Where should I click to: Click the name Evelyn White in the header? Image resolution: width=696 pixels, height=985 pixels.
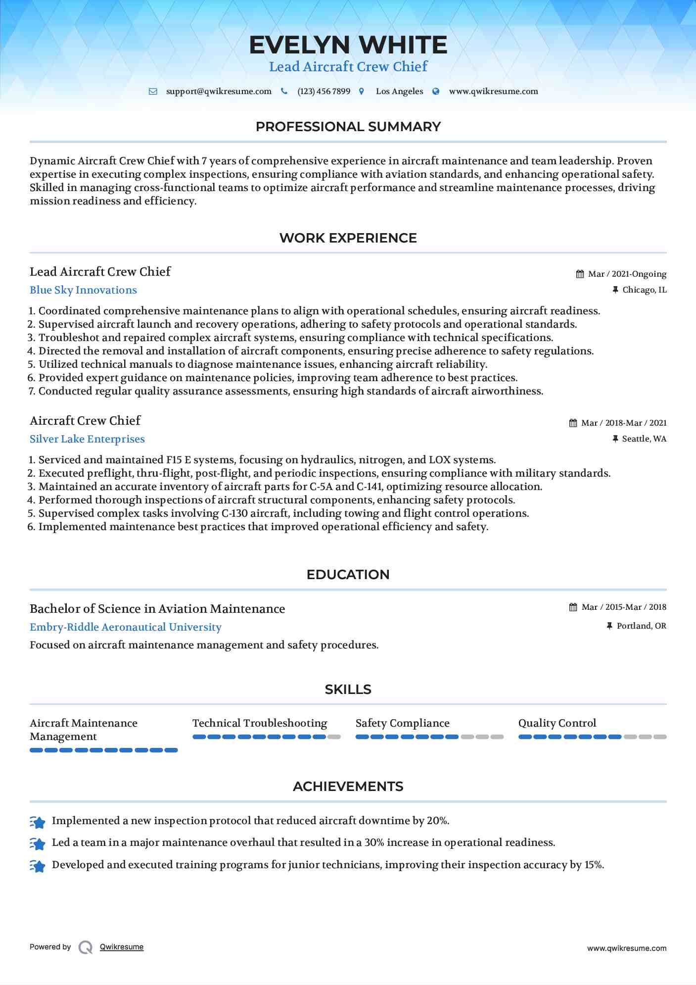(348, 45)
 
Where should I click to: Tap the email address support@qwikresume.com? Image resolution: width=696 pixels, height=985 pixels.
(219, 92)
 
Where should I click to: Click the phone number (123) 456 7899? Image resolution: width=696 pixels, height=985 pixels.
(324, 92)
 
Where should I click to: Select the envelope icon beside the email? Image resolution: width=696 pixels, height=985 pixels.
(153, 92)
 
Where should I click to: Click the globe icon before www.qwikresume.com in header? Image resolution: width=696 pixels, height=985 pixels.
(436, 92)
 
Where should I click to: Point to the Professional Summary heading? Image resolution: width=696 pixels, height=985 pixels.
(348, 127)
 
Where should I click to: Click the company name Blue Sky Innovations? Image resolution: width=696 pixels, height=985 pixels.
(83, 290)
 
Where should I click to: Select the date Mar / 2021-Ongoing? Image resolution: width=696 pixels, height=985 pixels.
(627, 274)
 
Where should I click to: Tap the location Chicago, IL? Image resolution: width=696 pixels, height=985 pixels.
(644, 290)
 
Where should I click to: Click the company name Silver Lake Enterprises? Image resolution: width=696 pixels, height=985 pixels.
(87, 439)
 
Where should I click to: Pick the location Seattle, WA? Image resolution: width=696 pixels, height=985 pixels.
(644, 439)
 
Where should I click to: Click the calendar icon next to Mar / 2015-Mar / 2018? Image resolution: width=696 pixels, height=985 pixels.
(573, 607)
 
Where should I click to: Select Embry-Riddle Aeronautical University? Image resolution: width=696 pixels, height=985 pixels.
(126, 627)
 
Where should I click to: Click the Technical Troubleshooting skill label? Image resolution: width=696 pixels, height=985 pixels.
(260, 723)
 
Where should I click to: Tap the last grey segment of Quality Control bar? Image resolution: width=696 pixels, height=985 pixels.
(660, 737)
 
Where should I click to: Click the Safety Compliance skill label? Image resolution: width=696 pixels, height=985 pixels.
(402, 723)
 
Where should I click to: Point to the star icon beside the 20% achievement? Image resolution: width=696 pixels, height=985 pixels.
(38, 822)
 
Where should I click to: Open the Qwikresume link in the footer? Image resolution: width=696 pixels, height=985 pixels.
(122, 947)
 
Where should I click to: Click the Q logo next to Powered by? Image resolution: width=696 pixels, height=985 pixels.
(86, 947)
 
